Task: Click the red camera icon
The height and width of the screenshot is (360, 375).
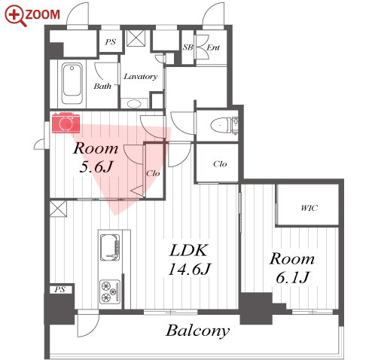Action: click(x=66, y=123)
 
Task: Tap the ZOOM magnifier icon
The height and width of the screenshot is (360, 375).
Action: click(x=16, y=16)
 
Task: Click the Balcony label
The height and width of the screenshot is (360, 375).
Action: click(x=197, y=331)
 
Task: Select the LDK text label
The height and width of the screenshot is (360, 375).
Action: click(x=189, y=250)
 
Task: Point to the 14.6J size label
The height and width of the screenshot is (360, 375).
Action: click(x=190, y=269)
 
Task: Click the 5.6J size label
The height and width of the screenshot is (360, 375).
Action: click(x=96, y=166)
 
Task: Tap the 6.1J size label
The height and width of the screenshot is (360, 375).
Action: click(x=292, y=277)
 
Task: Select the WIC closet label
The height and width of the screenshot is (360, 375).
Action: click(x=309, y=208)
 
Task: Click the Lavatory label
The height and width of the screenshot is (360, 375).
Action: click(x=141, y=76)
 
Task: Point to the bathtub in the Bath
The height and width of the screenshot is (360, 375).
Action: click(x=72, y=84)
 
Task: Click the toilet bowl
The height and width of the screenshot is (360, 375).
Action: click(x=221, y=125)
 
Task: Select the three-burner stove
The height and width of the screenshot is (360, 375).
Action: click(x=110, y=291)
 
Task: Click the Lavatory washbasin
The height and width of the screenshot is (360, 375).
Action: click(x=134, y=104)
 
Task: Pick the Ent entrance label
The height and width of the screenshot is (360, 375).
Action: click(x=213, y=47)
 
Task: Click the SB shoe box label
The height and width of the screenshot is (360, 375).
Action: click(x=187, y=47)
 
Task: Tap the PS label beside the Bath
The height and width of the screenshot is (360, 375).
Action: click(x=111, y=41)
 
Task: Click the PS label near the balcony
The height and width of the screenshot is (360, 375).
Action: click(x=59, y=289)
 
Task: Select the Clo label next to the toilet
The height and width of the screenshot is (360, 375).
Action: click(x=220, y=164)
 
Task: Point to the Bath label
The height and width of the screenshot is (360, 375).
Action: click(x=102, y=86)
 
